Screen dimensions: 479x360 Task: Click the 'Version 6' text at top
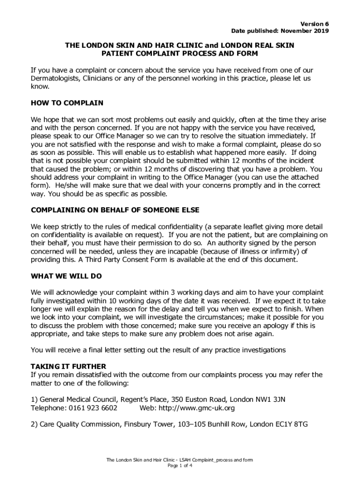click(316, 23)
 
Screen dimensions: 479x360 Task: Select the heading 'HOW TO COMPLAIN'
click(67, 103)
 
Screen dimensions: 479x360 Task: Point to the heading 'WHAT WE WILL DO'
click(66, 276)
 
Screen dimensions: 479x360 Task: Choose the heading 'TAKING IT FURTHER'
click(68, 366)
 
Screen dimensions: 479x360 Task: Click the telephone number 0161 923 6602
click(93, 408)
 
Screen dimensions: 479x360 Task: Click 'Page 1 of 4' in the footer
click(180, 466)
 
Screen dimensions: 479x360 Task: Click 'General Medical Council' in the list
click(78, 399)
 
